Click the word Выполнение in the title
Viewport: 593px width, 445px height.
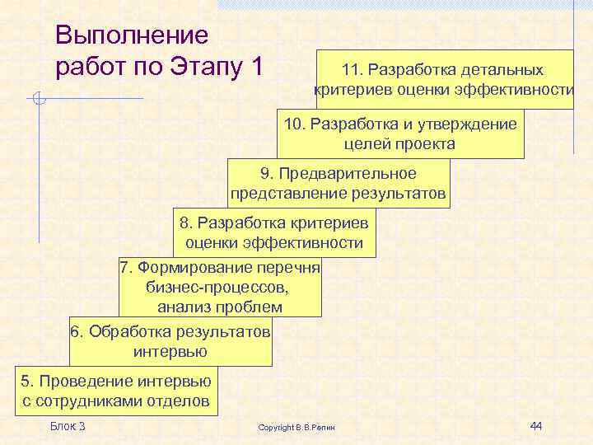(131, 35)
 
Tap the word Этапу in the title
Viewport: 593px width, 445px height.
(203, 67)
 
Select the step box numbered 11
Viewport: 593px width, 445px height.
(444, 79)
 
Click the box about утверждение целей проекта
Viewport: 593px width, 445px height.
(399, 133)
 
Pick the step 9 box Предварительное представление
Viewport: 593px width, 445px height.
(339, 184)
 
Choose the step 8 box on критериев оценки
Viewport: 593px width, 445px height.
(274, 233)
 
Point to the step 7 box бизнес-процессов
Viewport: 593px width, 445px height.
(219, 288)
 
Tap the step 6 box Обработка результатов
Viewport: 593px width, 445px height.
(170, 341)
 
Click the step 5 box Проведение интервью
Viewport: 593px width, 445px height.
(116, 391)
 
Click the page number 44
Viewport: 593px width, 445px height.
(536, 425)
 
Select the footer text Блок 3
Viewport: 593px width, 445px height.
(68, 425)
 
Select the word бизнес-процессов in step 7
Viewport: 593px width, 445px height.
(217, 288)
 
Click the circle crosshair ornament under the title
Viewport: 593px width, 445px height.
(39, 101)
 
